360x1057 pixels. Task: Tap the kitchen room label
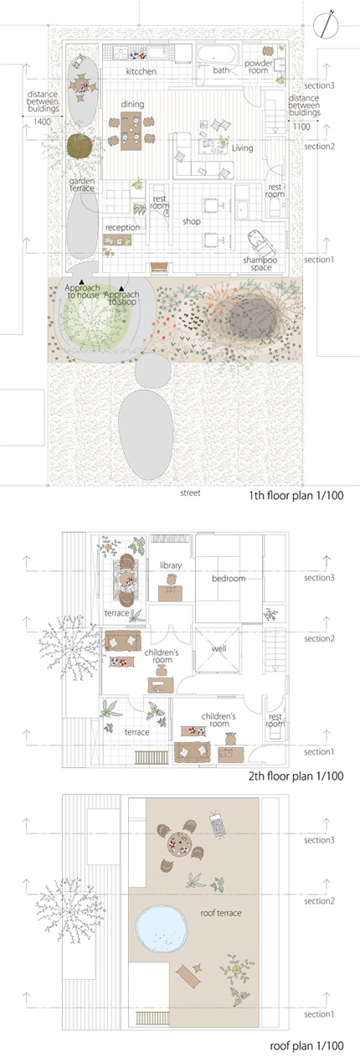tap(142, 73)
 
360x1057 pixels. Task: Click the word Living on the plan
tap(242, 148)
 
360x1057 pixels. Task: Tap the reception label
tap(122, 227)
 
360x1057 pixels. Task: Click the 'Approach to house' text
tap(82, 293)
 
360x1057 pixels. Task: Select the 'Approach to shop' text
tap(122, 296)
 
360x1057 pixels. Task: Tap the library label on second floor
tap(171, 566)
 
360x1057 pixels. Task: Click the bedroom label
tap(228, 580)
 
